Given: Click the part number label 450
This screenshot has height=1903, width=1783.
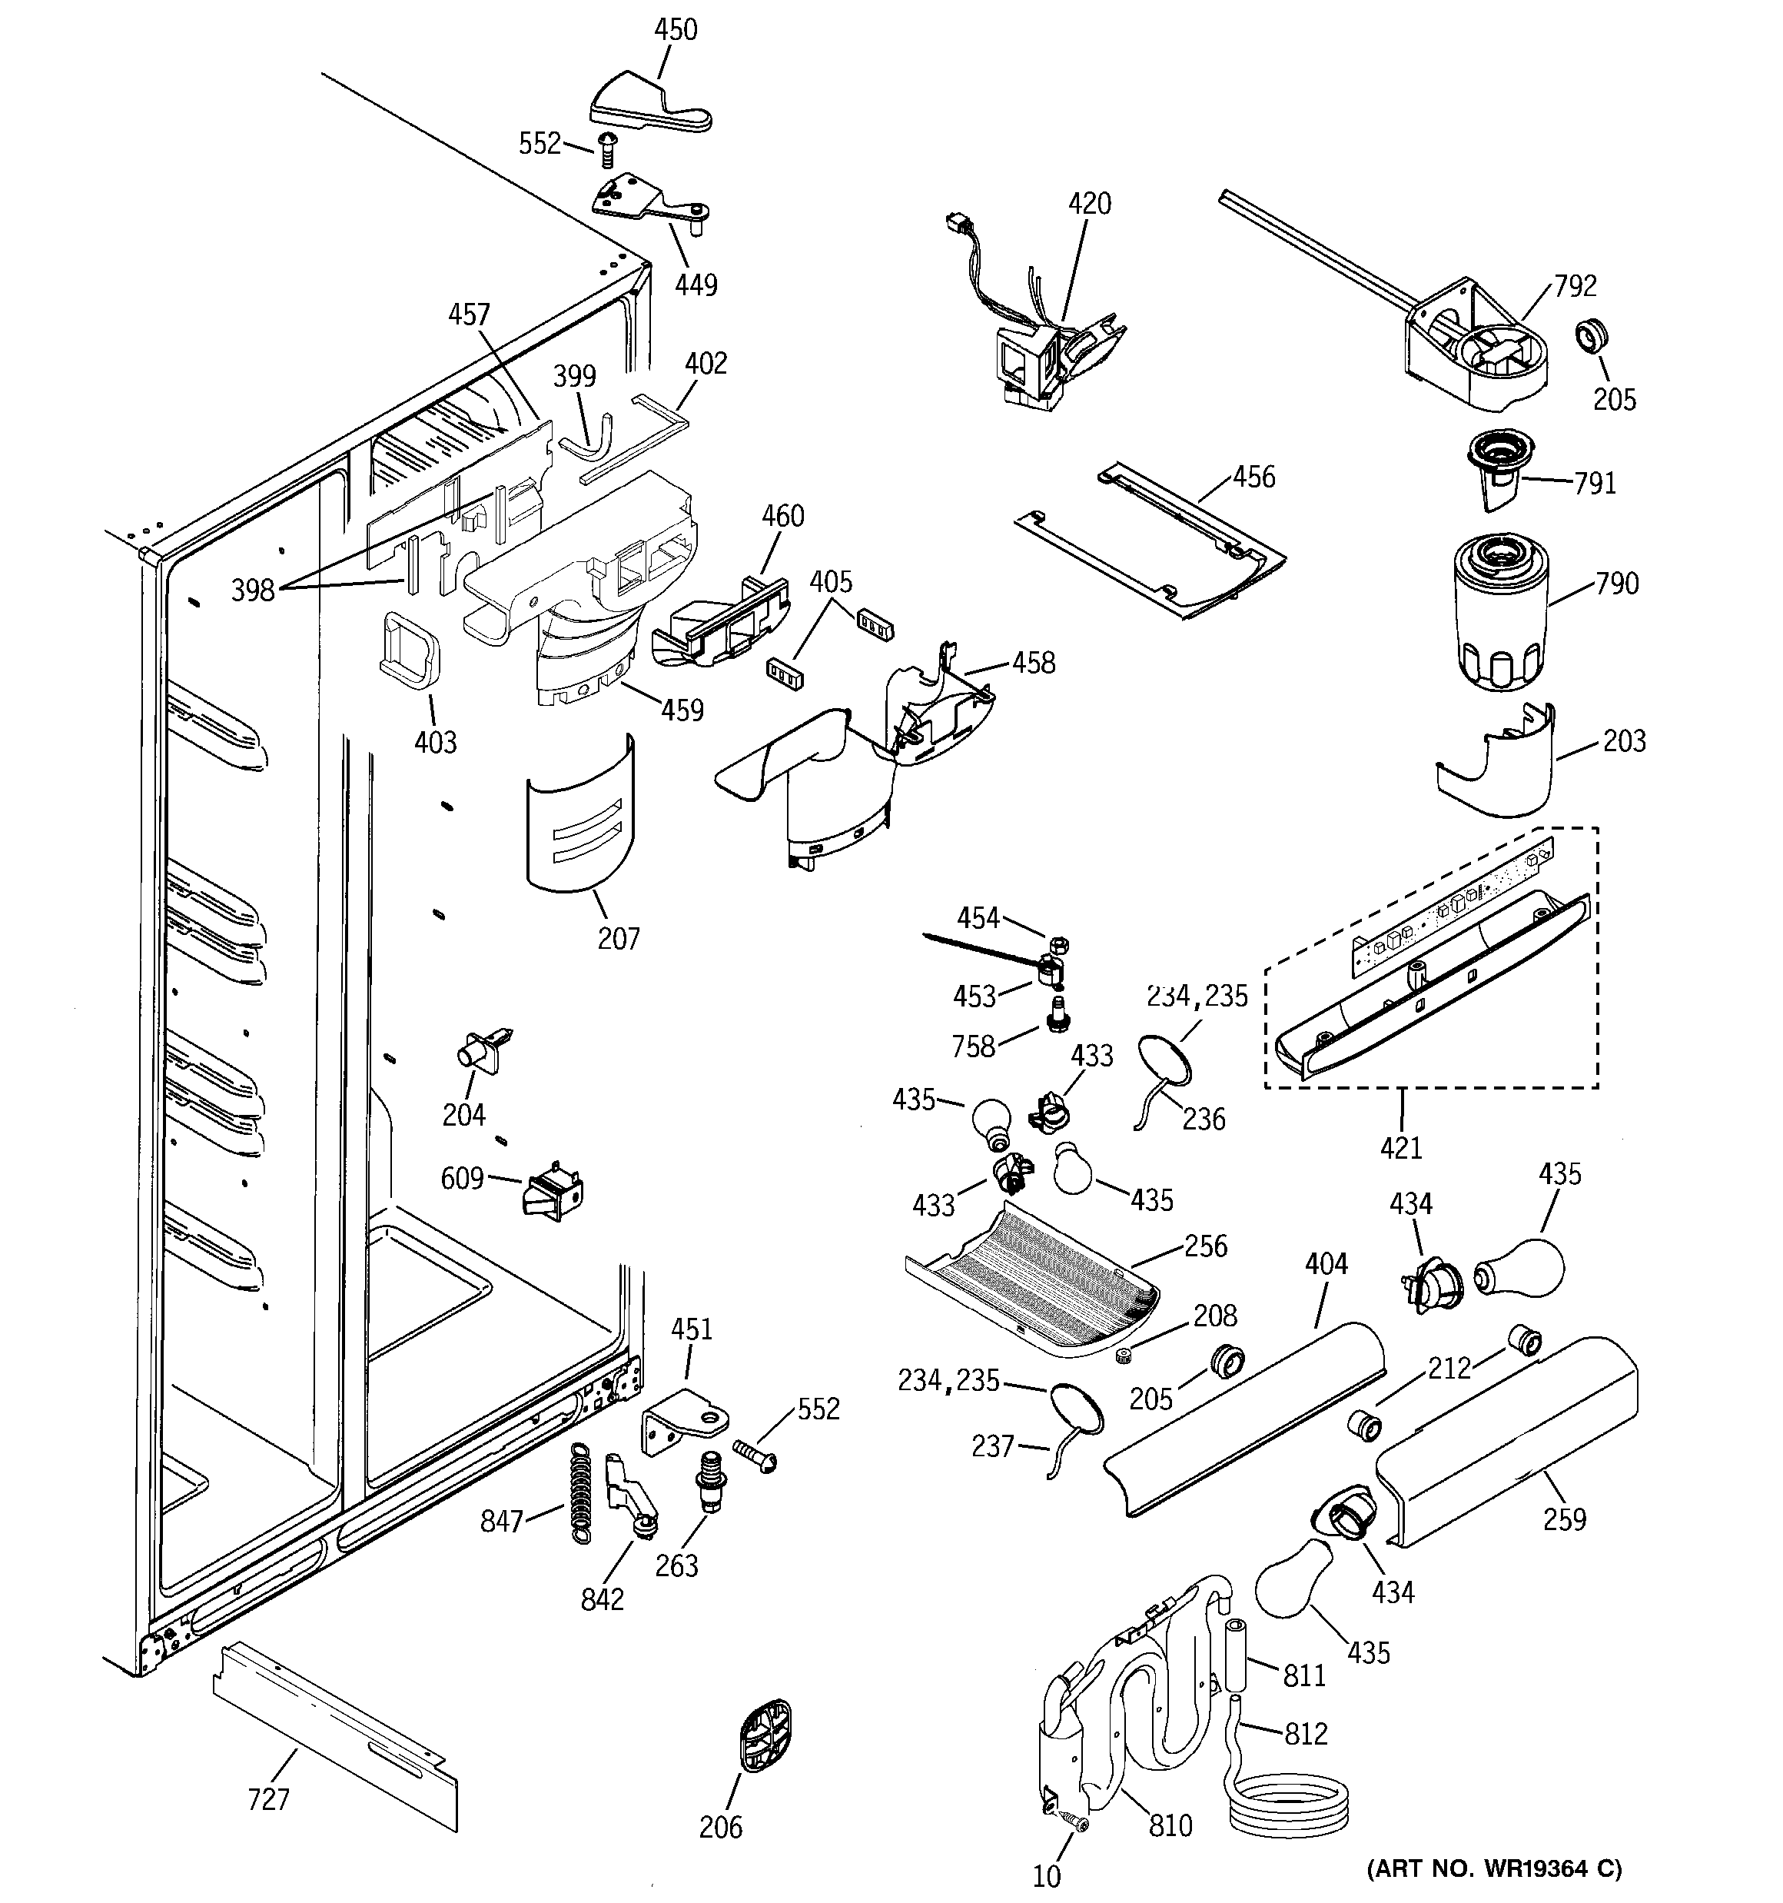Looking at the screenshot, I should (675, 30).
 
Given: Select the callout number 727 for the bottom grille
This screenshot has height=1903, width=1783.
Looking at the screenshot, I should (268, 1800).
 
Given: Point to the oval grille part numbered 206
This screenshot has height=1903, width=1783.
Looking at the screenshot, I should (765, 1735).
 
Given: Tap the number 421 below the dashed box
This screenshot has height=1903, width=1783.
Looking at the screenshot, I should (1401, 1146).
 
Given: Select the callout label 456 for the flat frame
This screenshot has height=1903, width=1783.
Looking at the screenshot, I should (1253, 477).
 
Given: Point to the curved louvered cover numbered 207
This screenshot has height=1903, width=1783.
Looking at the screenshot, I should (580, 813).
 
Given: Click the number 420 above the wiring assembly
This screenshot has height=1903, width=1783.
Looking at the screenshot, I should (1089, 204).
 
